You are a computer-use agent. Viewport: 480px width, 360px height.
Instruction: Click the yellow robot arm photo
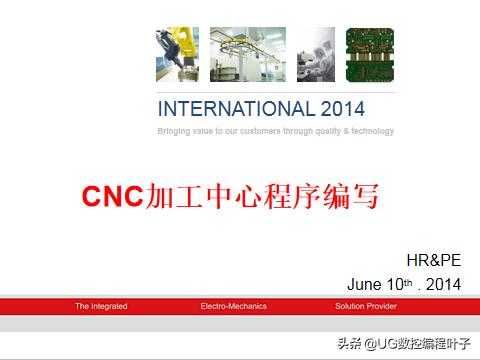pyautogui.click(x=177, y=54)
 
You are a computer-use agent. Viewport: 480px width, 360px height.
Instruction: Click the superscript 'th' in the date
pyautogui.click(x=408, y=280)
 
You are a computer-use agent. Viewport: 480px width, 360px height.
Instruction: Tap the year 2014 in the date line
pyautogui.click(x=443, y=284)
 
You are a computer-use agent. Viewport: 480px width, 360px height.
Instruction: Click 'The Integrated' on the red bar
pyautogui.click(x=101, y=306)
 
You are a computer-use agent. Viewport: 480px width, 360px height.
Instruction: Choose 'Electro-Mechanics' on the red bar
pyautogui.click(x=233, y=306)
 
